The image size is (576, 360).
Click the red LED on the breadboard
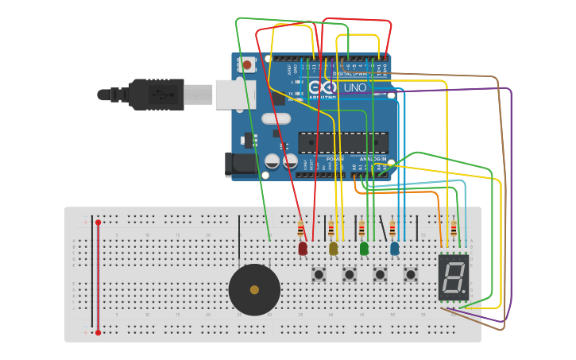point(303,249)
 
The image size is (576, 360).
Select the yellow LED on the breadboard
point(333,249)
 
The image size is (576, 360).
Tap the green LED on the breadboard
point(364,249)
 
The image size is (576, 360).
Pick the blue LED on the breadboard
point(395,249)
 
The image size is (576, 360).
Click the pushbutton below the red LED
point(319,275)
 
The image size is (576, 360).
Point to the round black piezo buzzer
point(254,289)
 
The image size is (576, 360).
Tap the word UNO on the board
point(354,87)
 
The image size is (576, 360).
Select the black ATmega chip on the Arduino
point(343,143)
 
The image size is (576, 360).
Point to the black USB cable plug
point(159,94)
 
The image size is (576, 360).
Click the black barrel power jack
point(241,165)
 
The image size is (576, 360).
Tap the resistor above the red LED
point(300,230)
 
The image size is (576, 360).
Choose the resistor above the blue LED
point(392,230)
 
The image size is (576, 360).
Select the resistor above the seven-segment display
point(454,230)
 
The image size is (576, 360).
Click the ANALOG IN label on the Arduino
point(372,159)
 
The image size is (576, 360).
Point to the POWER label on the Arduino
point(335,159)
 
